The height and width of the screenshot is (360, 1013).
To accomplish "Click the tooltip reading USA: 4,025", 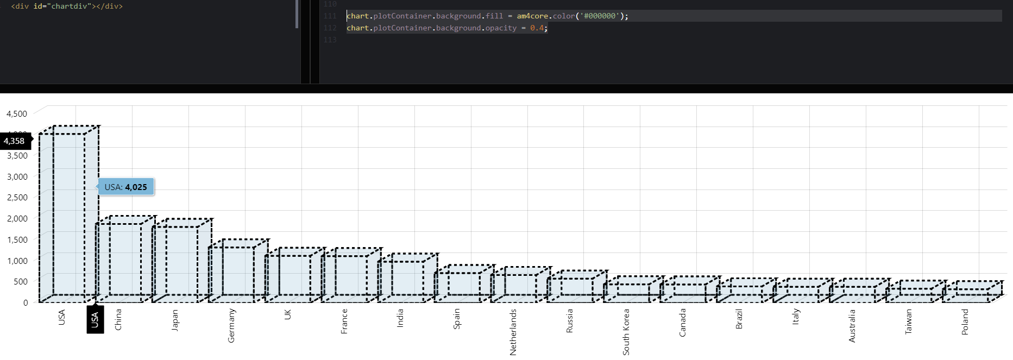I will click(x=126, y=187).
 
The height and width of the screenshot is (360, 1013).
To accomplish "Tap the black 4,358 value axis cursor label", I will click(x=15, y=141).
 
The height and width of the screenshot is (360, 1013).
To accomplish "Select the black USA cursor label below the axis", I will click(x=95, y=320).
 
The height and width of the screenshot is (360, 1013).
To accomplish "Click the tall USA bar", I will click(x=62, y=217).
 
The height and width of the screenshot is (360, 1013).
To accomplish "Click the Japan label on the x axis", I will click(x=175, y=320).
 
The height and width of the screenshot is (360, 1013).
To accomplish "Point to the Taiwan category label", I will click(x=909, y=321).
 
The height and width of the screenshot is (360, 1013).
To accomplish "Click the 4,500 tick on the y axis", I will click(x=17, y=113).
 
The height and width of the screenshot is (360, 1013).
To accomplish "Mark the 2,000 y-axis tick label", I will click(x=17, y=218).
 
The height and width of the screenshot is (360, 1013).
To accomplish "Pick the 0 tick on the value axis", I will click(x=26, y=302).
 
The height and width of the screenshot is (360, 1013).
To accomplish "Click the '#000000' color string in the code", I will click(x=600, y=16).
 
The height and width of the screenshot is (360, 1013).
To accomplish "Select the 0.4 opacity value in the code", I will click(x=537, y=28).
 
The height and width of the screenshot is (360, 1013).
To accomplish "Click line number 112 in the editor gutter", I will click(x=330, y=28).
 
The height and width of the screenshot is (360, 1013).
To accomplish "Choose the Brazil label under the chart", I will click(x=739, y=319).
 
